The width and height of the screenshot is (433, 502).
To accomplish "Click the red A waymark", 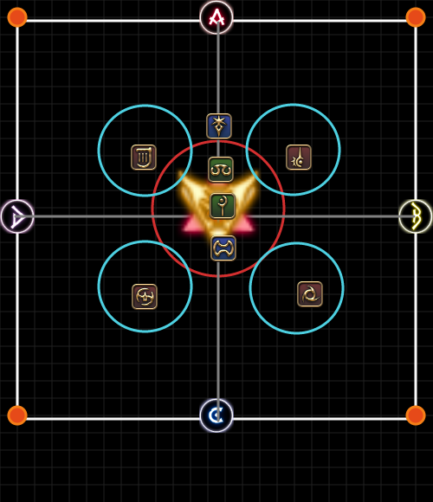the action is pyautogui.click(x=216, y=17).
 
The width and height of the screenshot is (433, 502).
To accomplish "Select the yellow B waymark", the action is pyautogui.click(x=416, y=216).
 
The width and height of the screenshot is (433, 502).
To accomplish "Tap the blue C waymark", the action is pyautogui.click(x=216, y=415).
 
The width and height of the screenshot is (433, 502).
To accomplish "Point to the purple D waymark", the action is pyautogui.click(x=17, y=216).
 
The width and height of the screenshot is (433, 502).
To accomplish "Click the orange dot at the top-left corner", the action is pyautogui.click(x=17, y=17).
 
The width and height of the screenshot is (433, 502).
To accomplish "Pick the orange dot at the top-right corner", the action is pyautogui.click(x=416, y=17).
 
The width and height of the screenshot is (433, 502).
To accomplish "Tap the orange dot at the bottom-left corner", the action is pyautogui.click(x=17, y=415).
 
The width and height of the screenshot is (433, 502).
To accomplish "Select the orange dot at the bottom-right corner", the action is pyautogui.click(x=416, y=415).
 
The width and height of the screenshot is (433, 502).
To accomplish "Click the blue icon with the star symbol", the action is pyautogui.click(x=219, y=125).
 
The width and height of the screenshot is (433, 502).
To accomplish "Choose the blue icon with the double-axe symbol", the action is pyautogui.click(x=223, y=248).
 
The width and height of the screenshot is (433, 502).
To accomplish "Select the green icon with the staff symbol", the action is pyautogui.click(x=223, y=206).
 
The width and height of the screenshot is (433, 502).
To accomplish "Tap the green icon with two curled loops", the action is pyautogui.click(x=221, y=170).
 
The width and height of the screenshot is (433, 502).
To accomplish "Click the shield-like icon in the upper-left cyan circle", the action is pyautogui.click(x=144, y=158).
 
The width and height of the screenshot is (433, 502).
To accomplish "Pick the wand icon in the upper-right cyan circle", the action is pyautogui.click(x=299, y=158).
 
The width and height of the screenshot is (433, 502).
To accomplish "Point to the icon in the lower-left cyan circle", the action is pyautogui.click(x=145, y=297).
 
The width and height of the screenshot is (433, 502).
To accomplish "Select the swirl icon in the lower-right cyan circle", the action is pyautogui.click(x=310, y=294).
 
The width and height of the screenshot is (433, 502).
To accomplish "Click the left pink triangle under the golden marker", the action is pyautogui.click(x=193, y=224).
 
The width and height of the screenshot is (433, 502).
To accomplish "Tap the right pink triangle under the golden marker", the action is pyautogui.click(x=244, y=224).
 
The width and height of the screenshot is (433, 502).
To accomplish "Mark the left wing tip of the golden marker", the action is pyautogui.click(x=180, y=173).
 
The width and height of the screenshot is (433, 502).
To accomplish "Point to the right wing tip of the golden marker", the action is pyautogui.click(x=256, y=173).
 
